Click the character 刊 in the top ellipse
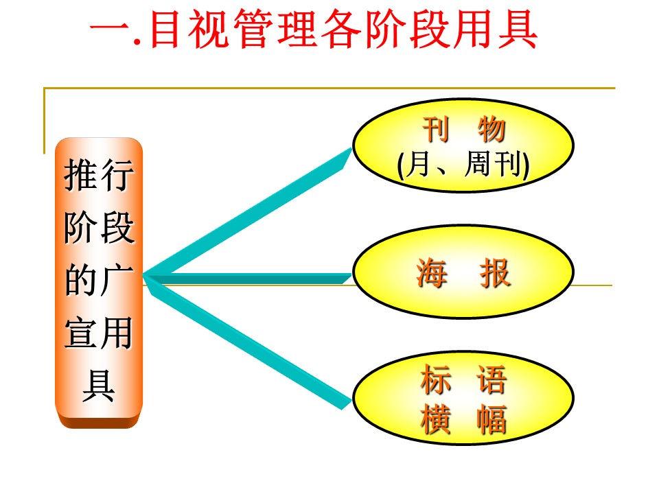(x=436, y=130)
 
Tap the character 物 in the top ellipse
(x=492, y=130)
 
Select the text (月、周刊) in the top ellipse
(x=463, y=164)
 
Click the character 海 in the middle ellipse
(x=432, y=274)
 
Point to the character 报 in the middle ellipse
(x=495, y=274)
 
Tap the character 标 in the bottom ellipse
(x=436, y=379)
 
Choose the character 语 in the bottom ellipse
(x=492, y=379)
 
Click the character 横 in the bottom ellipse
(x=436, y=419)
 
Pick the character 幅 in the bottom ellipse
(x=492, y=419)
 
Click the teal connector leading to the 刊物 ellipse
(x=248, y=212)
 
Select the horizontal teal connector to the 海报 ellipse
(x=248, y=278)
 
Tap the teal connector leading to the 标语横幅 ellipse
(x=248, y=342)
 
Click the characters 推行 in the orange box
(x=99, y=175)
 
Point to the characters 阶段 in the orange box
(x=99, y=227)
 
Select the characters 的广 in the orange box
(x=99, y=280)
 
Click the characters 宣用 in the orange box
(x=99, y=333)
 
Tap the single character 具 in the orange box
(x=99, y=385)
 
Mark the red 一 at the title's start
(x=110, y=30)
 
